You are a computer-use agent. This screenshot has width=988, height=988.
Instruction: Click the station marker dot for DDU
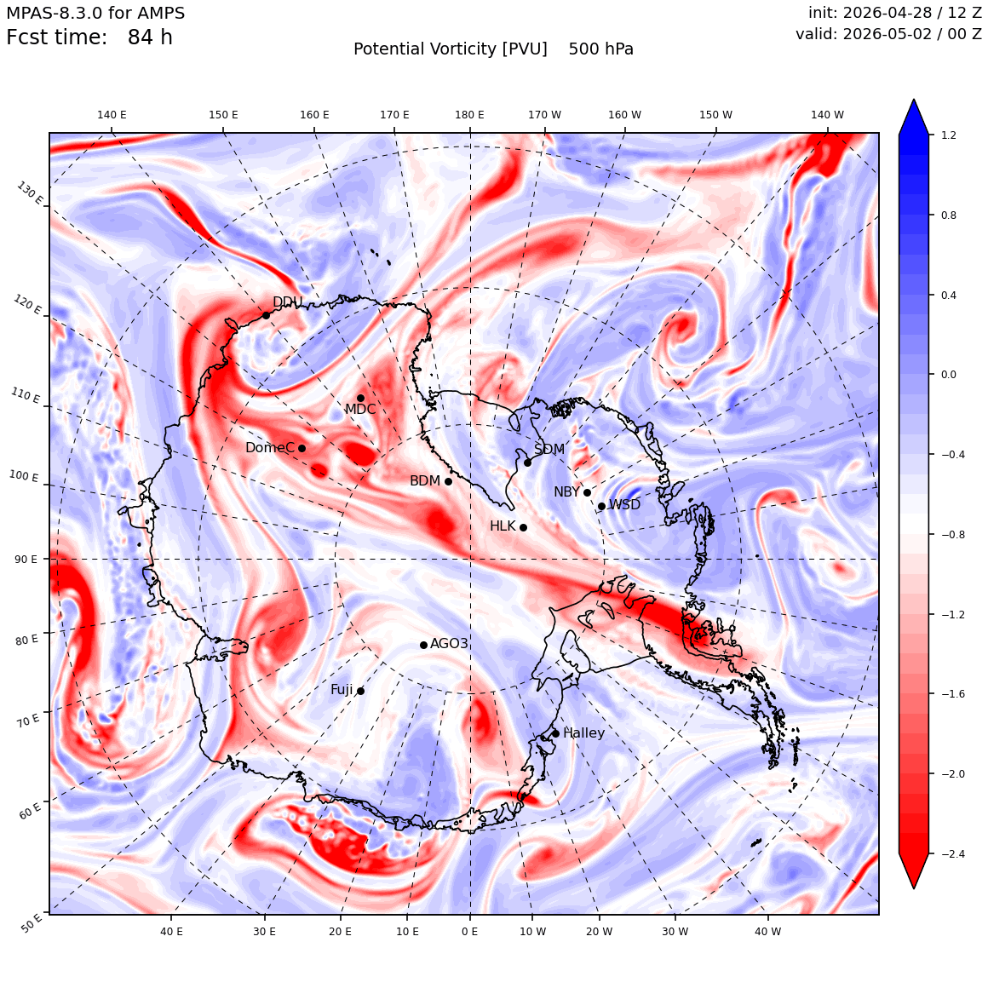coord(266,316)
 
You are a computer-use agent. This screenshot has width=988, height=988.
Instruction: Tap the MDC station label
coord(359,410)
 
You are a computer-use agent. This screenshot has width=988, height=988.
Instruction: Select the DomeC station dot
coord(302,449)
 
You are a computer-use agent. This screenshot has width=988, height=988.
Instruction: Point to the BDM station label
coord(425,481)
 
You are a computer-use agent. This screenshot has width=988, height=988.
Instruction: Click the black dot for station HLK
coord(523,527)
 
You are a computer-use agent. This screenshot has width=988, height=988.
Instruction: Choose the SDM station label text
coord(549,450)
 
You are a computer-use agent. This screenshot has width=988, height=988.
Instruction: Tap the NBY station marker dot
coord(587,493)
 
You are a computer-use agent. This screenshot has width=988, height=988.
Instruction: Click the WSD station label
coord(624,505)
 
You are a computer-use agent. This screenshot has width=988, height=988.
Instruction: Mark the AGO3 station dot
coord(424,646)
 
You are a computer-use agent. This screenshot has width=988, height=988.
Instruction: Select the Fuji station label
coord(342,690)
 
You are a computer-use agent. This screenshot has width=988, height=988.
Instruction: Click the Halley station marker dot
coord(555,733)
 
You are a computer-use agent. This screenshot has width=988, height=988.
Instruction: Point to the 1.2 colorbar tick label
coord(949,135)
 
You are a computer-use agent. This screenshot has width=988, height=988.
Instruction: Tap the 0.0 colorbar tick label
coord(949,375)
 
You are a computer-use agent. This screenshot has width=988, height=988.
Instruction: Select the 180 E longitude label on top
coord(469,115)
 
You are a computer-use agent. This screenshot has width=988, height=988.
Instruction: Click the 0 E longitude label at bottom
coord(469,932)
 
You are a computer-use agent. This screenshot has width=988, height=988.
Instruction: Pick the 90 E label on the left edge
coord(26,560)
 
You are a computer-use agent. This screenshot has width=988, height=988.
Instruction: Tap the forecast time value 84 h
coord(150,37)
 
